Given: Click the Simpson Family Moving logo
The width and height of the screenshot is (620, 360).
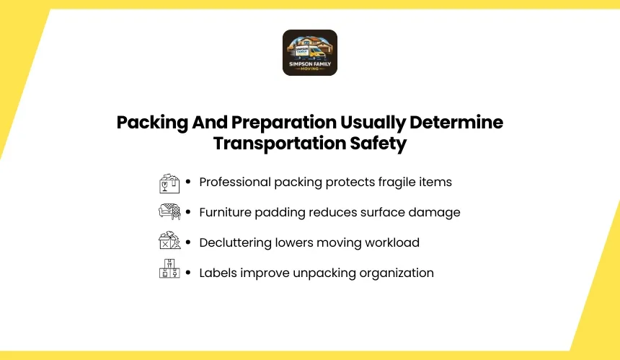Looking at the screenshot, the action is point(310,53).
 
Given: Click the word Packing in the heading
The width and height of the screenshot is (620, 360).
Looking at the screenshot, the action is point(152,123).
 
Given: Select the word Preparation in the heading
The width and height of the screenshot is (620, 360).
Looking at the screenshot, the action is point(283,123).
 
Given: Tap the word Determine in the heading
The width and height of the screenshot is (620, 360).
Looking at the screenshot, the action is point(456,122).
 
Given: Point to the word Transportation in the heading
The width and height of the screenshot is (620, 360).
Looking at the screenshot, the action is point(280,144).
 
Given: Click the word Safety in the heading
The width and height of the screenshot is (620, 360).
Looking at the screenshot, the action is point(378,144).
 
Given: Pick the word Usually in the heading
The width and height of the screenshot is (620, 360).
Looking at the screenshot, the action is point(373,123).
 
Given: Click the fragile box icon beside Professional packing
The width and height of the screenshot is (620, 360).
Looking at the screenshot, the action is point(169,183).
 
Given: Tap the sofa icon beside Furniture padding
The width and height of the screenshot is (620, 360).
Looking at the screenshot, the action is point(169,211).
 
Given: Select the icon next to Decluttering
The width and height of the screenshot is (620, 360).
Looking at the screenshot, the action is point(169,240).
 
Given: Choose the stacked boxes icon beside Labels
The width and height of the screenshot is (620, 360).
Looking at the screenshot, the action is point(169,268).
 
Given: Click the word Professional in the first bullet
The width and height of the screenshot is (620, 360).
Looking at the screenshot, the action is point(235,182).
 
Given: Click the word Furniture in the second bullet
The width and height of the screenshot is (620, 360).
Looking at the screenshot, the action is point(225,212).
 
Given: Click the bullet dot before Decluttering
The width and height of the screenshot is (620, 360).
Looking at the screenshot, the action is point(188,242).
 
